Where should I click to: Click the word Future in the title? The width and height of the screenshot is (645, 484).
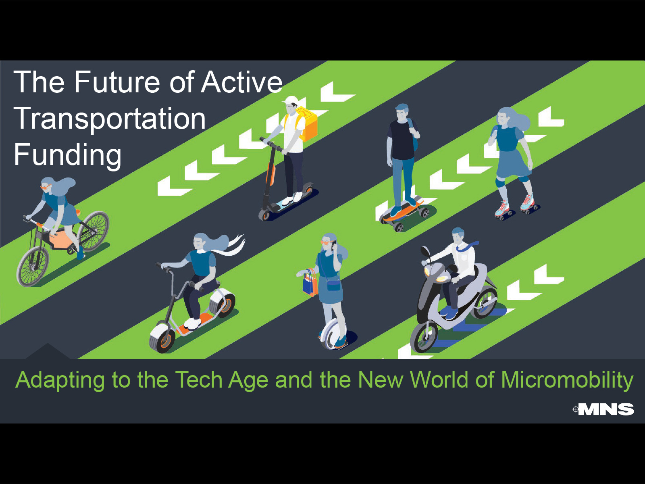coord(117,82)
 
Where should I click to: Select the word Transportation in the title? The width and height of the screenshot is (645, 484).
coord(110,119)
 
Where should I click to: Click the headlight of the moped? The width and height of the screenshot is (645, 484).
coord(441,279)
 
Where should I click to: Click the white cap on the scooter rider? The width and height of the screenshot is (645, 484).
coord(290,100)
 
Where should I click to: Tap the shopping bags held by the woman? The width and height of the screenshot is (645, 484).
coord(310,282)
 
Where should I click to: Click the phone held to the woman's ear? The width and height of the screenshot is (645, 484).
coord(334,243)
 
